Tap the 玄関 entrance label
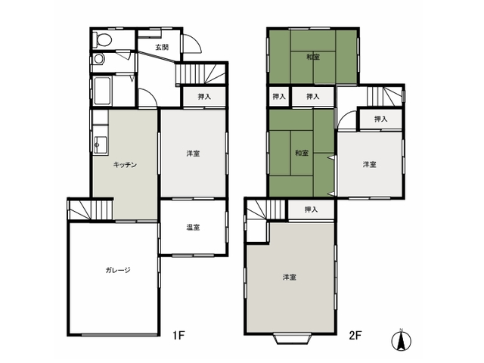tap(162, 47)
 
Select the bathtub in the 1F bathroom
tap(102, 91)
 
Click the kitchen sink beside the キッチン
tap(101, 144)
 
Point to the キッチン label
tap(125, 165)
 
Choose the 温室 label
tap(194, 228)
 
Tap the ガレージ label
tap(118, 270)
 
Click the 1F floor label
tap(178, 335)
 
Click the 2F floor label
tap(355, 335)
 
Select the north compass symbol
tap(402, 341)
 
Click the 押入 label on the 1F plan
tap(204, 97)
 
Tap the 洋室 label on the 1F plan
tap(194, 154)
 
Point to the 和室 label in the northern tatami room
tap(313, 57)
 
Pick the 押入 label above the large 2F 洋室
tap(311, 209)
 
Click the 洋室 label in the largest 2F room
tap(290, 278)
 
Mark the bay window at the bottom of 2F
tap(292, 338)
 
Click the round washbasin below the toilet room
tap(98, 59)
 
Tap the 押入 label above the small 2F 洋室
tap(380, 119)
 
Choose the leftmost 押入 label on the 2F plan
tap(279, 97)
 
